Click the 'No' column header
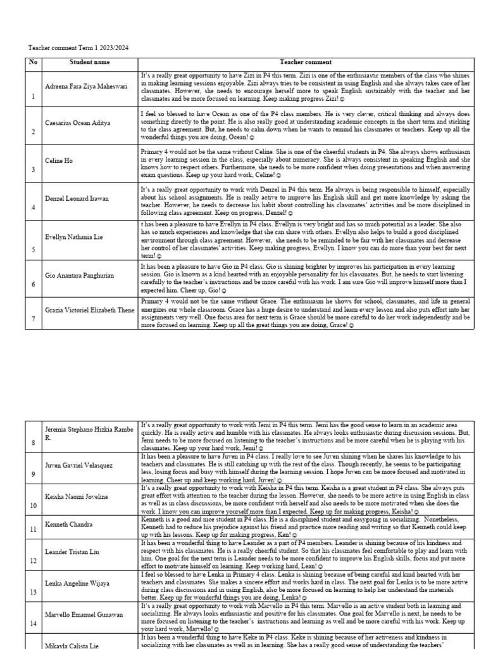pos(33,62)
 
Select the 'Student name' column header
pos(89,62)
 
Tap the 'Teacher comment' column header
pos(306,62)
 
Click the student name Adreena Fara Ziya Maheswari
pos(85,86)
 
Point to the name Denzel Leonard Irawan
pos(77,198)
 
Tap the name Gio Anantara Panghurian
pos(78,276)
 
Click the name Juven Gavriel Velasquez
pos(78,465)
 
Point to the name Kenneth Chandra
pos(69,525)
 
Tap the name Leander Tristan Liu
pos(72,552)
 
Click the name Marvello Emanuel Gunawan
pos(83,615)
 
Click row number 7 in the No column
pos(34,318)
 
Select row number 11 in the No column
pos(34,528)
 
